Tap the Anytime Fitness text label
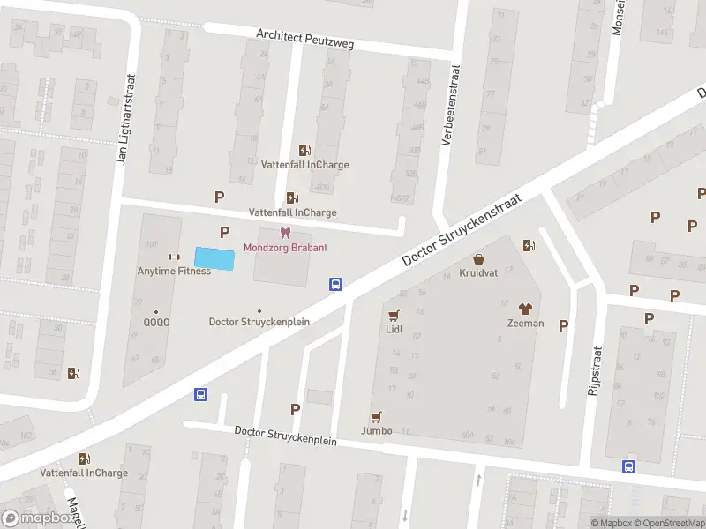174,271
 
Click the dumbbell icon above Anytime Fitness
174,257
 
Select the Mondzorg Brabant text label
285,247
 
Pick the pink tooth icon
285,233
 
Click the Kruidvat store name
478,273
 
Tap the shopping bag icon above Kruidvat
478,259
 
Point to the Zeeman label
525,323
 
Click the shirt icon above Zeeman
525,309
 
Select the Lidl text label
394,328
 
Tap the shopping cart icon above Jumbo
377,416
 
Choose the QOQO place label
157,322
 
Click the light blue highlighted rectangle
215,258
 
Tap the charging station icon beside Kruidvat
528,246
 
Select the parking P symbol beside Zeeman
563,325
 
